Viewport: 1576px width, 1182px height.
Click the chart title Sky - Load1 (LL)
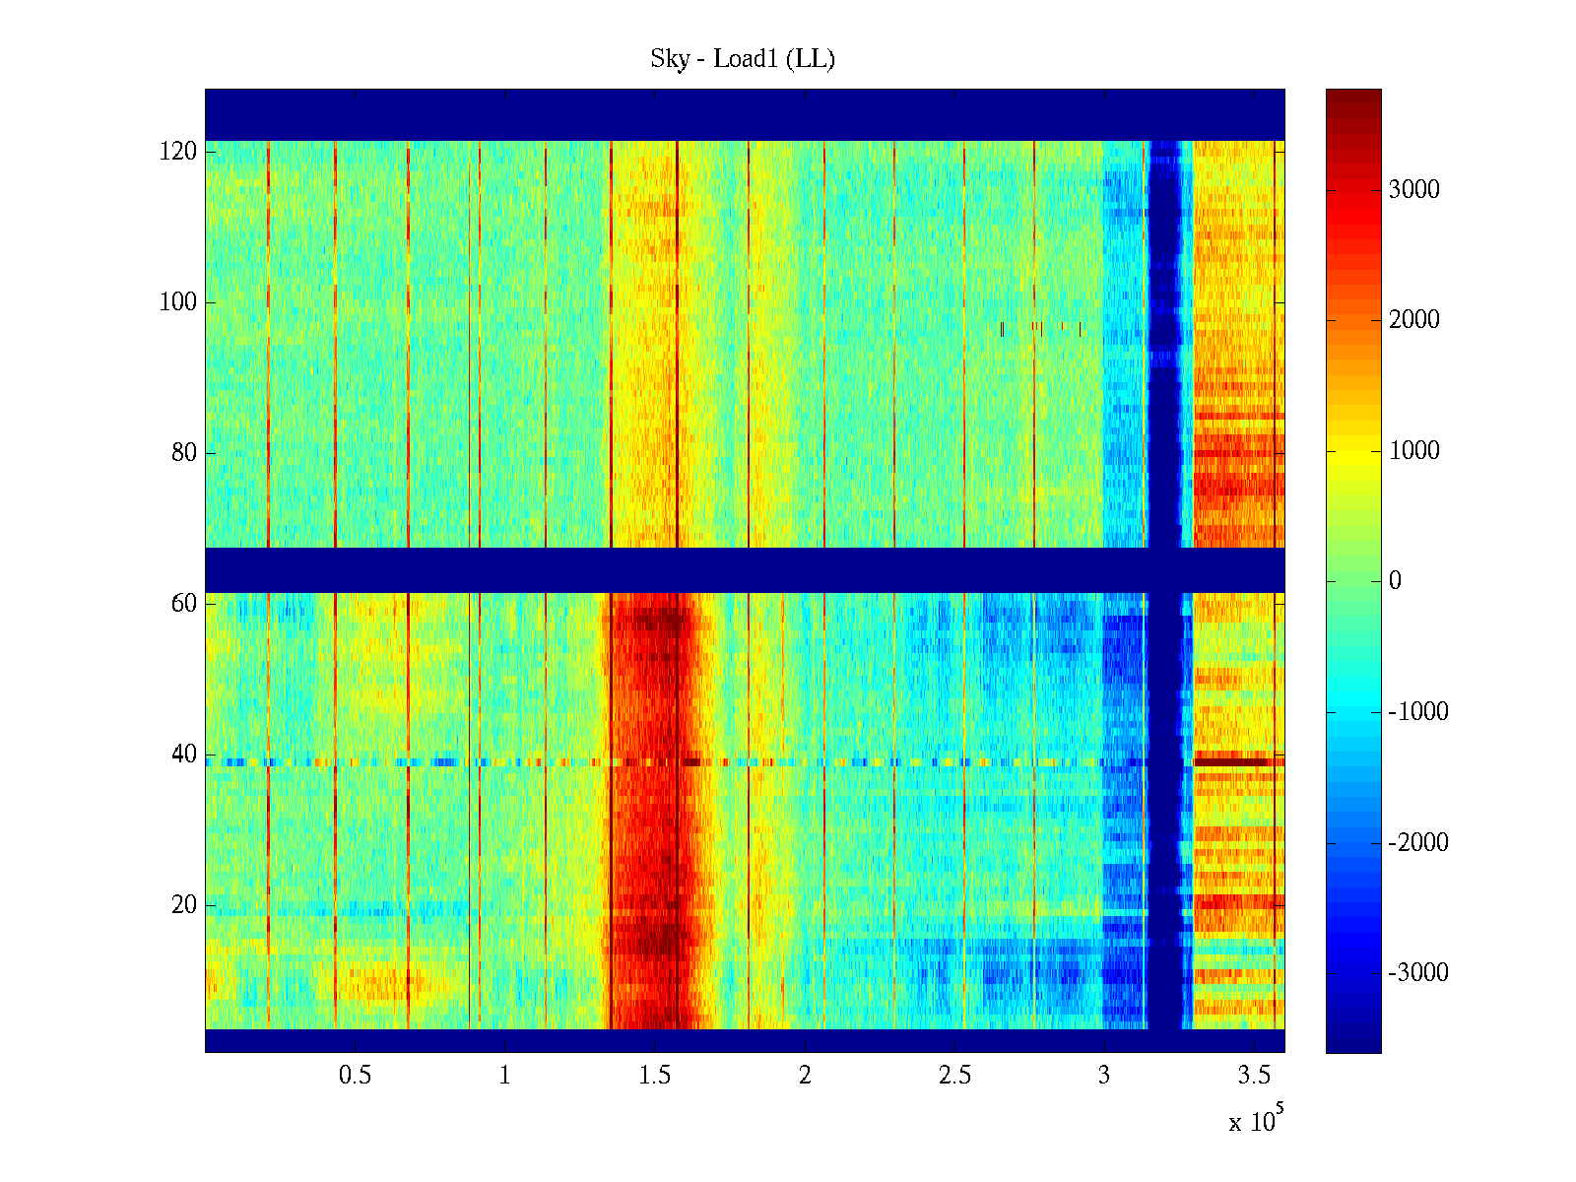click(x=743, y=59)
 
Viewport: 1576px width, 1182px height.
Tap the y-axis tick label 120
click(x=178, y=152)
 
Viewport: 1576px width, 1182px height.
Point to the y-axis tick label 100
click(x=178, y=302)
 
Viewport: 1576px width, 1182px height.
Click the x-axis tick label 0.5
click(x=355, y=1076)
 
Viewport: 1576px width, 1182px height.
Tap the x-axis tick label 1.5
click(x=654, y=1076)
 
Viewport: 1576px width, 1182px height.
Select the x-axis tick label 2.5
click(x=954, y=1076)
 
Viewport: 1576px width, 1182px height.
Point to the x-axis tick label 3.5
click(x=1254, y=1076)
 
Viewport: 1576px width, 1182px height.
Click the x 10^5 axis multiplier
click(x=1256, y=1120)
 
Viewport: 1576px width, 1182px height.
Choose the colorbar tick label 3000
click(x=1414, y=190)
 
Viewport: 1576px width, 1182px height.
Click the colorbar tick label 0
click(x=1395, y=581)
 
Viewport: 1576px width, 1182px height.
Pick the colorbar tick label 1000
click(x=1414, y=451)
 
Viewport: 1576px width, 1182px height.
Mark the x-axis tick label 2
click(x=805, y=1076)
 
